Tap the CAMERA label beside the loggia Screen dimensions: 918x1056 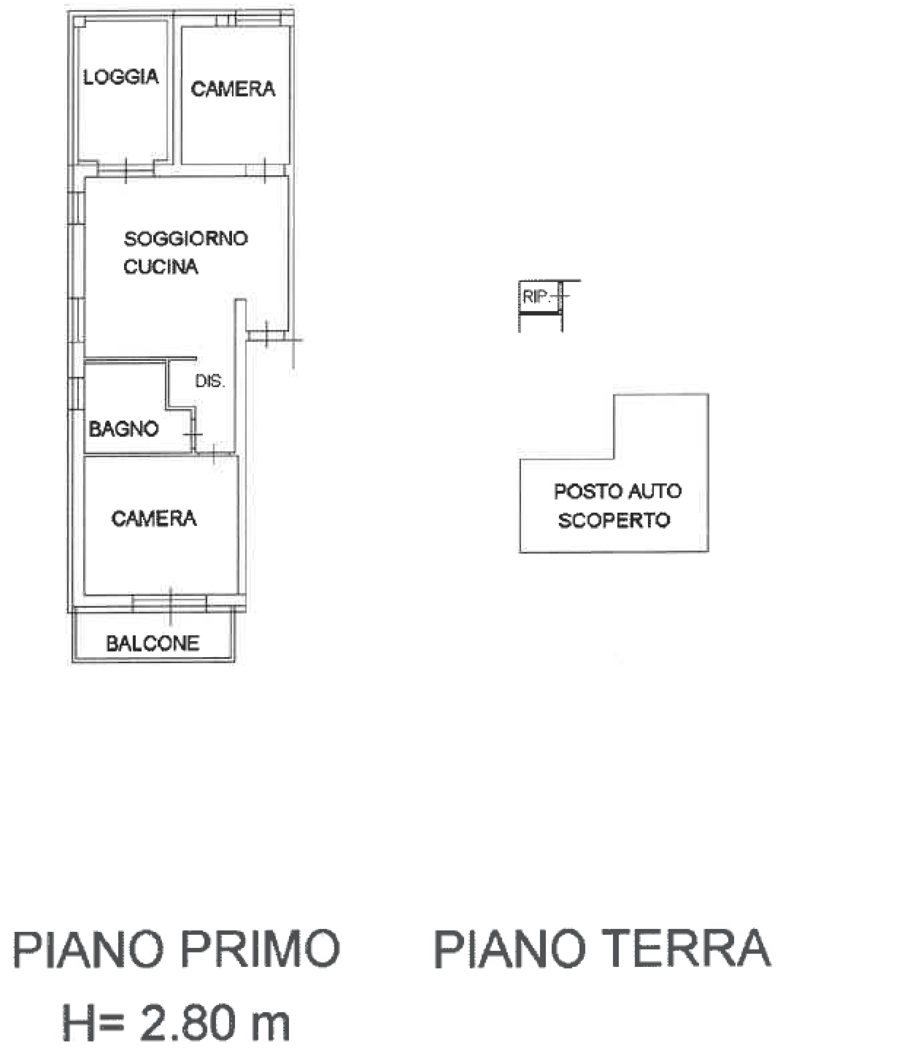pos(233,89)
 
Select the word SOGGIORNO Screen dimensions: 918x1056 pos(186,238)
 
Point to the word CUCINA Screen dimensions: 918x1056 pos(161,266)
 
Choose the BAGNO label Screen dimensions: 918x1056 pos(124,429)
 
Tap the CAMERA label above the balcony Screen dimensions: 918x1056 pos(154,519)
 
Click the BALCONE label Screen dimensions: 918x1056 pos(153,643)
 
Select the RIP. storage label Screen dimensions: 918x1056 pos(536,297)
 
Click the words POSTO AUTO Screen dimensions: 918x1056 pos(618,492)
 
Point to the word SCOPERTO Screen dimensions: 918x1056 pos(614,520)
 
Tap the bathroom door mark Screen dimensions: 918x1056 pos(193,435)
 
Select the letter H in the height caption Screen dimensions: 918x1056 pos(79,1022)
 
